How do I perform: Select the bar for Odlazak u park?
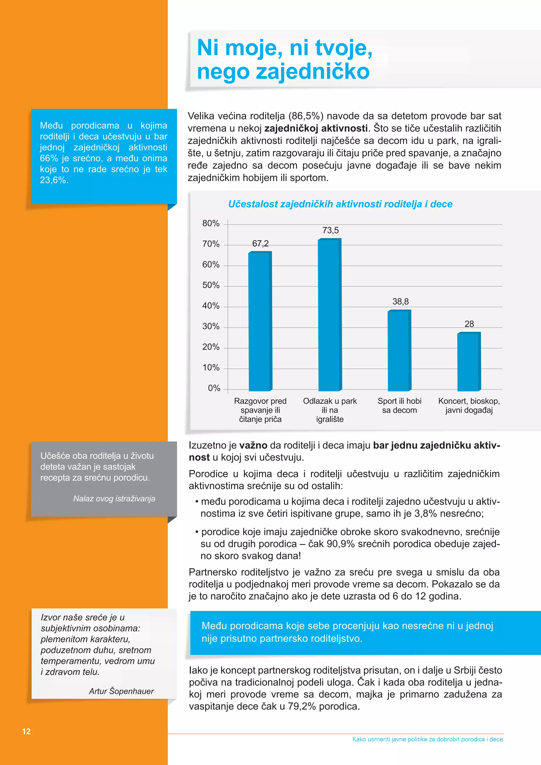[329, 315]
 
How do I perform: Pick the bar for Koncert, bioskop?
[469, 362]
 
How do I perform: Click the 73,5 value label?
[330, 230]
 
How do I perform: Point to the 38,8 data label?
[400, 301]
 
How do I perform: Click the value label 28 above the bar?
[469, 324]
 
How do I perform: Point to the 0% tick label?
[214, 388]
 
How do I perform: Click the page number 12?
[26, 731]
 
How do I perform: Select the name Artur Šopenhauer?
[121, 691]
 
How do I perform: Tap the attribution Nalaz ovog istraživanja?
[114, 498]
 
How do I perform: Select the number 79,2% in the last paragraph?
[302, 706]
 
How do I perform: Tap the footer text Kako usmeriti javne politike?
[427, 739]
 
